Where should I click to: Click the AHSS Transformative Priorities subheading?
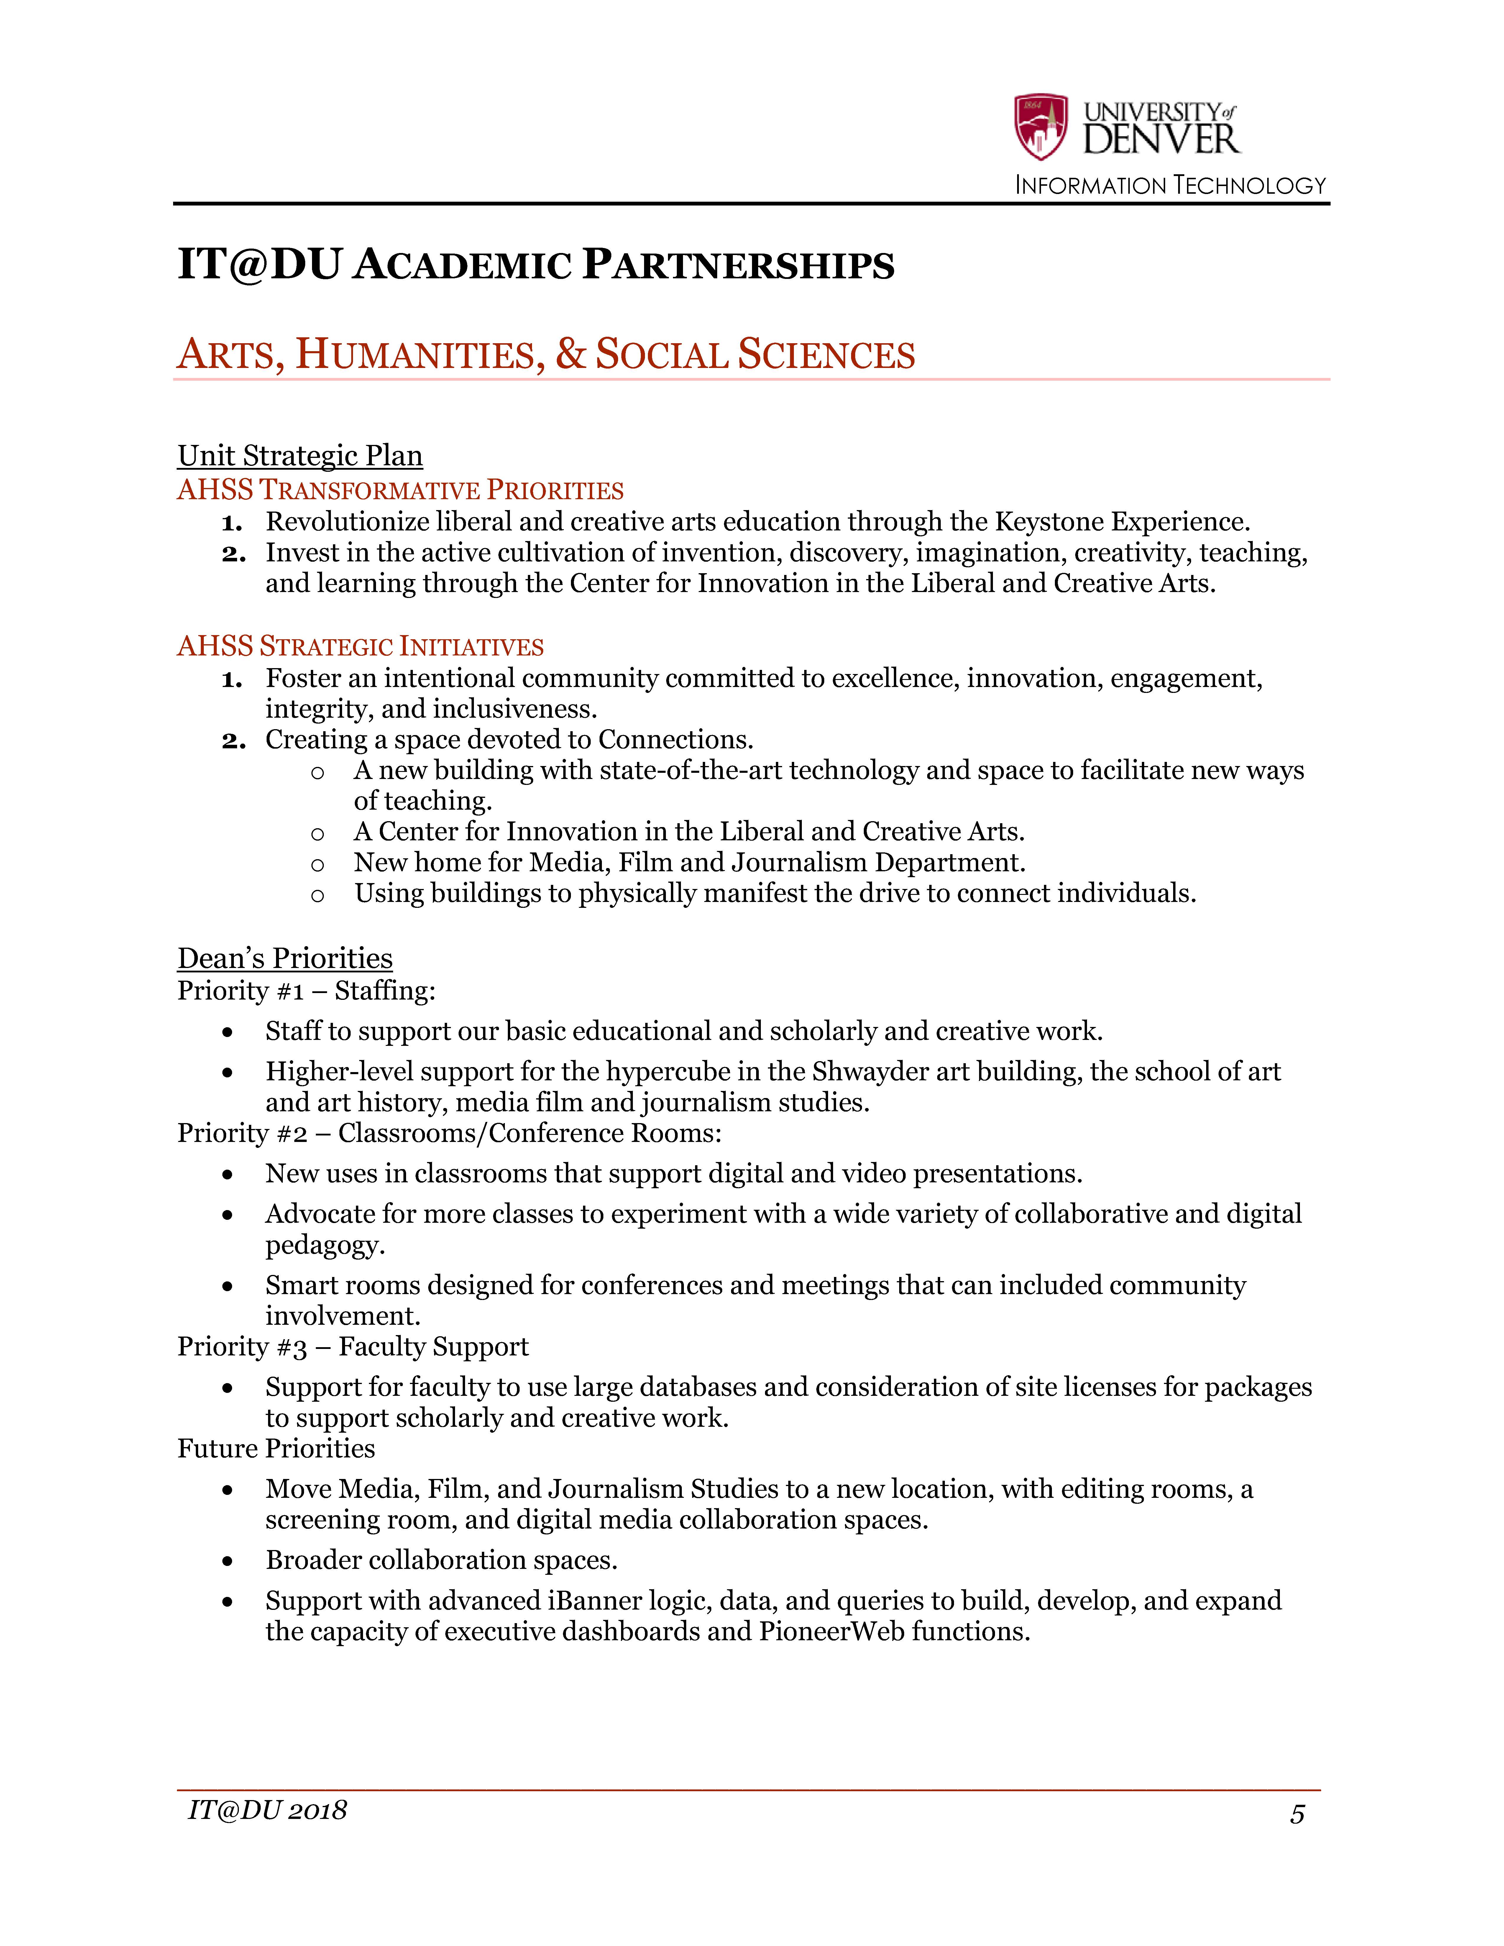coord(400,490)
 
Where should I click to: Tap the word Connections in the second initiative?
coord(674,739)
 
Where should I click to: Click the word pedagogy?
coord(324,1245)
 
